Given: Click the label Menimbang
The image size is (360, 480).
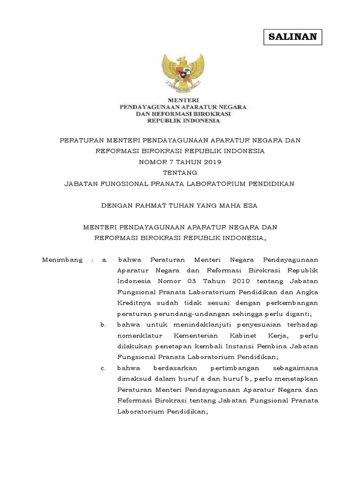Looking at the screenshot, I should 62,259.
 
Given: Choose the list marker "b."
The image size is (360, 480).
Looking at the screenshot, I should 104,324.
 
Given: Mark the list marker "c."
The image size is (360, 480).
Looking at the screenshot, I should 104,368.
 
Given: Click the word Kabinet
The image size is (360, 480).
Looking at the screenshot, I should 234,335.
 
